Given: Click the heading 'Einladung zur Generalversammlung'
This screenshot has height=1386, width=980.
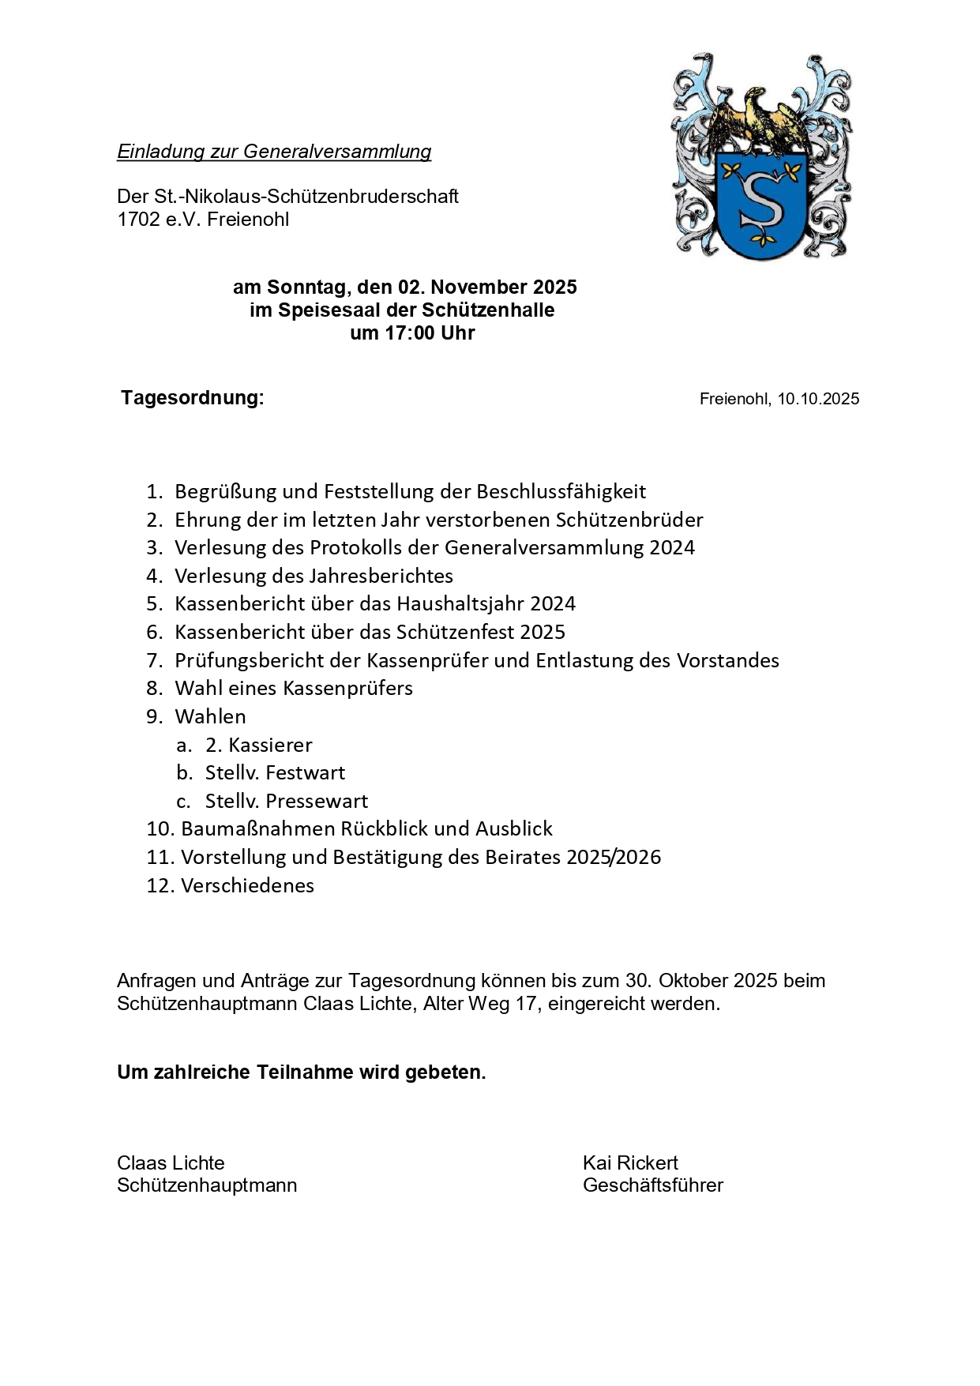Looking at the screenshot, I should [274, 152].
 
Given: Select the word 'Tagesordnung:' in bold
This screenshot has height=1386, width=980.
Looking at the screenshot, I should [193, 397].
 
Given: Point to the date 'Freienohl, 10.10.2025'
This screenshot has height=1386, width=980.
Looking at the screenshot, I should [779, 399].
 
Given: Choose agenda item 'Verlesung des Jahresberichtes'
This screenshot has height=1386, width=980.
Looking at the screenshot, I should [314, 576].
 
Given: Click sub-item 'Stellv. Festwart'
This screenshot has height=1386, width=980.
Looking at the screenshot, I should [275, 772].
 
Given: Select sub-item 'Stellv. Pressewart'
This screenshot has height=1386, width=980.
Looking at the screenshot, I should [286, 801].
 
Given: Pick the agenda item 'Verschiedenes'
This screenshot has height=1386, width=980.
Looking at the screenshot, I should [247, 885].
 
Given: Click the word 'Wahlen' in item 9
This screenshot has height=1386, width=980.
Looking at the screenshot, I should [210, 716].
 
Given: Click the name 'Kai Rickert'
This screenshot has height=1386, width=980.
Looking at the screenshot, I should [630, 1163].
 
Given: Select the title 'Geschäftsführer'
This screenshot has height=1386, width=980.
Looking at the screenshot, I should [652, 1185].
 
